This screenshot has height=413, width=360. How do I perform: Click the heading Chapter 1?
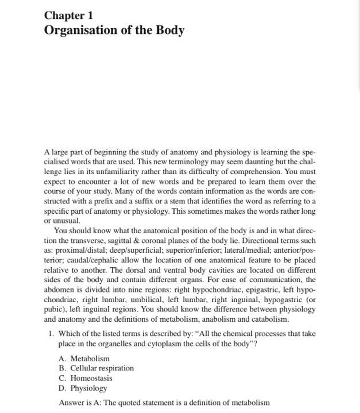(69, 15)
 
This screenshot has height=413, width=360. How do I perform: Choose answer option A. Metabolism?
(84, 358)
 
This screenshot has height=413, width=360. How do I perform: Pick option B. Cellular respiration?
(96, 368)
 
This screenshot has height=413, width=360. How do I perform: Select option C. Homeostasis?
(86, 378)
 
